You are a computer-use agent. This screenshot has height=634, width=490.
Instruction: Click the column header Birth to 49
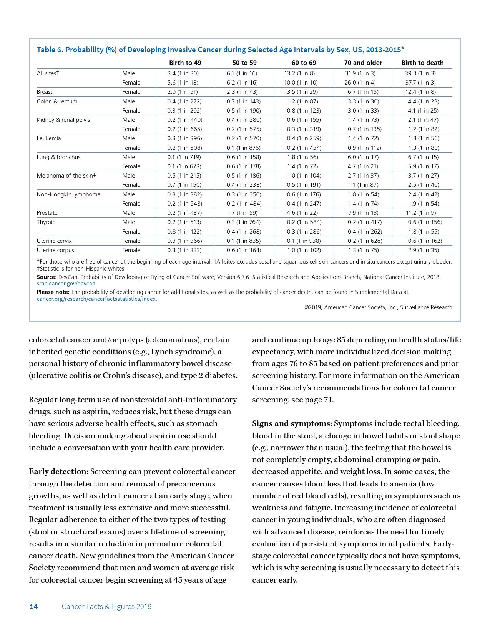[x=185, y=63]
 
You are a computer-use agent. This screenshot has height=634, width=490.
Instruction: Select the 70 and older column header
[x=363, y=63]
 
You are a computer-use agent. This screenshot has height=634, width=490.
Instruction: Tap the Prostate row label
[x=47, y=213]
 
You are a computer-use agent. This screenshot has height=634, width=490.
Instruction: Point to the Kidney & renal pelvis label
[x=63, y=120]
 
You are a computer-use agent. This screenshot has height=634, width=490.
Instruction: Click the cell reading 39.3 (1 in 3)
[x=420, y=73]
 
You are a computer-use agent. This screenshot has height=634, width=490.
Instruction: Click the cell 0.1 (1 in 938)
[x=304, y=241]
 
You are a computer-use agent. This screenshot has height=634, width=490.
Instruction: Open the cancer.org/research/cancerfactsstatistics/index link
[x=96, y=299]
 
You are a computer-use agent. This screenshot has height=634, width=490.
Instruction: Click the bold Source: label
[x=47, y=277]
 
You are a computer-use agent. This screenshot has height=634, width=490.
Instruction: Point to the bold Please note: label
[x=53, y=292]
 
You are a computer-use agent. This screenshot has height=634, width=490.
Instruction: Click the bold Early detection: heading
[x=59, y=472]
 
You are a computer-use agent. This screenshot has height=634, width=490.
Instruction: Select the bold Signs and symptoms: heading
[x=292, y=424]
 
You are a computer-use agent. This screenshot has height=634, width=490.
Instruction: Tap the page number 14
[x=34, y=607]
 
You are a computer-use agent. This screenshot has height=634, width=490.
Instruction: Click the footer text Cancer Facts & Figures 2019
[x=106, y=607]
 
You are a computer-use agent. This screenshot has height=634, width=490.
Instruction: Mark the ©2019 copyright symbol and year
[x=313, y=307]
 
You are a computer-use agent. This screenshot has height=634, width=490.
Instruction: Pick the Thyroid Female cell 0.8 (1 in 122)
[x=184, y=232]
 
